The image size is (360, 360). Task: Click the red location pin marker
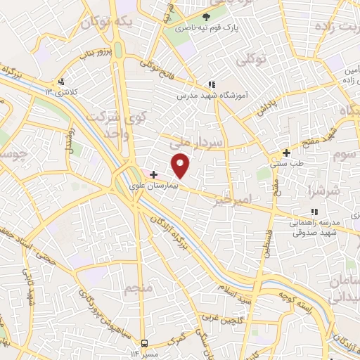pyautogui.click(x=181, y=165)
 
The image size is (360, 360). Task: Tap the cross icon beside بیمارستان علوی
pyautogui.click(x=154, y=174)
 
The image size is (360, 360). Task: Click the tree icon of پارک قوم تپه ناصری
pyautogui.click(x=206, y=17)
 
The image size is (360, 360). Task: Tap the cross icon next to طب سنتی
pyautogui.click(x=285, y=153)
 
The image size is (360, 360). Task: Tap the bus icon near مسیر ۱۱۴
pyautogui.click(x=144, y=343)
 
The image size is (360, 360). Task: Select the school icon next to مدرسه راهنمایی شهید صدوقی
pyautogui.click(x=314, y=212)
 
